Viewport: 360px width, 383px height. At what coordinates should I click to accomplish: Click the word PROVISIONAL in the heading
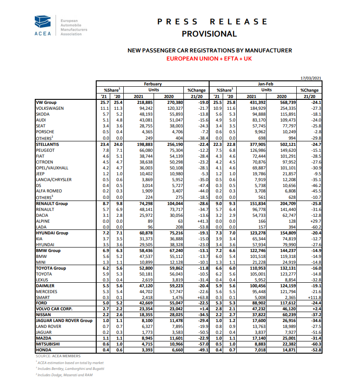point(209,34)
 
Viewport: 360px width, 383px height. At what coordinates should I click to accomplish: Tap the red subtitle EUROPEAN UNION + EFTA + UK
point(209,58)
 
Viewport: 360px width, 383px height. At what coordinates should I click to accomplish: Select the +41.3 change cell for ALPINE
point(200,221)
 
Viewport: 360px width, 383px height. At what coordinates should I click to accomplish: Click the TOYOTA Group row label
point(51,268)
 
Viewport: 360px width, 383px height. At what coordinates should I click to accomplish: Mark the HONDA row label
point(44,350)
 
